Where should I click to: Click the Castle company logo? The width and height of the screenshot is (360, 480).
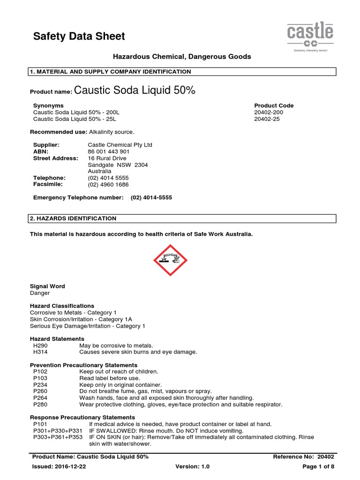(x=310, y=37)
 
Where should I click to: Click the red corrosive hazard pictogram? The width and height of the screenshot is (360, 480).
(x=170, y=260)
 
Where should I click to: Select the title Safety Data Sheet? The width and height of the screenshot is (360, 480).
(x=79, y=36)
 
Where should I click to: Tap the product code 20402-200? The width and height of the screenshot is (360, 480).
(x=269, y=112)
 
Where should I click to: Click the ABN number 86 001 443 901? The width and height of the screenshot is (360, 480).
(x=109, y=152)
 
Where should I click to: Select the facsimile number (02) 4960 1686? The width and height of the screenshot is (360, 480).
(x=108, y=185)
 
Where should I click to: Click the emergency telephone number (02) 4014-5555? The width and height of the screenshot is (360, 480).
(x=151, y=198)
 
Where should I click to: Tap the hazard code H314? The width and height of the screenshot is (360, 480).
(x=41, y=352)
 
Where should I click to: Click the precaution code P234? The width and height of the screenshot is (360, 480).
(x=41, y=385)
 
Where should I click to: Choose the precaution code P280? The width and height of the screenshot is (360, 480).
(x=41, y=405)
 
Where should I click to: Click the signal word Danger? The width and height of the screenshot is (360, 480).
(x=40, y=293)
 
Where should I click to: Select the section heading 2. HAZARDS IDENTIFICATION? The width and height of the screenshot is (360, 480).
(x=73, y=218)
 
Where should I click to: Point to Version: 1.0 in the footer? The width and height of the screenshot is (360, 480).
(x=192, y=466)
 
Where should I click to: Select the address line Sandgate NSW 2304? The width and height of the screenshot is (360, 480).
(x=118, y=165)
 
